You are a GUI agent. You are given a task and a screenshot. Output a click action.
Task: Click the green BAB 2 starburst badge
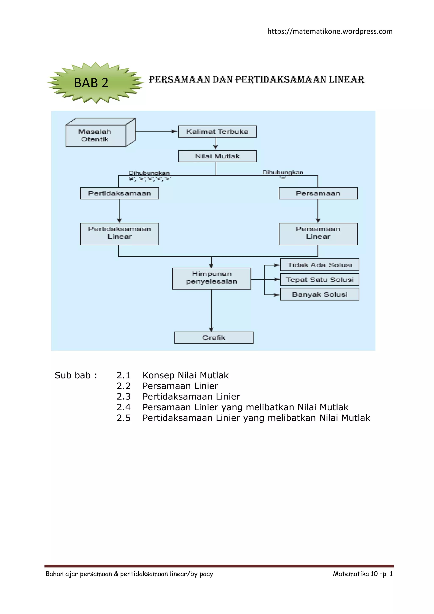(95, 83)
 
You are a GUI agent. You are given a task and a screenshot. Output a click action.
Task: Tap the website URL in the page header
(330, 32)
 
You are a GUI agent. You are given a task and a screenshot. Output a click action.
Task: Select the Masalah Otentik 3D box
(100, 132)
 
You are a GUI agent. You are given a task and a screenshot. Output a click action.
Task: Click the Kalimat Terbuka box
(217, 132)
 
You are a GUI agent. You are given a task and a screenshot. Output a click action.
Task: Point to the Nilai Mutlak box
(217, 156)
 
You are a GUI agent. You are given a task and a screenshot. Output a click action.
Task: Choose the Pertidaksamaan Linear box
(120, 234)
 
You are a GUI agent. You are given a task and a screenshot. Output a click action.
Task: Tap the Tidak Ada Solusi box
(320, 265)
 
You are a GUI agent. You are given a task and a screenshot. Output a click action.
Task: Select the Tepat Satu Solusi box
(320, 280)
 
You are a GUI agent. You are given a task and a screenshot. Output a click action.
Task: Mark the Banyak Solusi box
(320, 294)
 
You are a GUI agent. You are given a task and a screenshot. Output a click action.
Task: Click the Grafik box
(214, 337)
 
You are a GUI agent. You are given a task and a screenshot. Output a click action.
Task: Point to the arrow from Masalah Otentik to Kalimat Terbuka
(157, 131)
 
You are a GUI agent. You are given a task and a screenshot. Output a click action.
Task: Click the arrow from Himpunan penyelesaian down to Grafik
(211, 310)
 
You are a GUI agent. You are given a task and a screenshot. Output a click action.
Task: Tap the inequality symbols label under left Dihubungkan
(150, 179)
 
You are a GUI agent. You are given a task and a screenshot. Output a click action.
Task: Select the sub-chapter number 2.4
(124, 407)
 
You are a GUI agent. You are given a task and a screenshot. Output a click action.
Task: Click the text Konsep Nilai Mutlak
(186, 375)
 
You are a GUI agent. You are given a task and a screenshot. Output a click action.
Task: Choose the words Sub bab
(72, 375)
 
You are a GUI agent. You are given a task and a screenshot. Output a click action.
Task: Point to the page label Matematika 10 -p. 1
(363, 574)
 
